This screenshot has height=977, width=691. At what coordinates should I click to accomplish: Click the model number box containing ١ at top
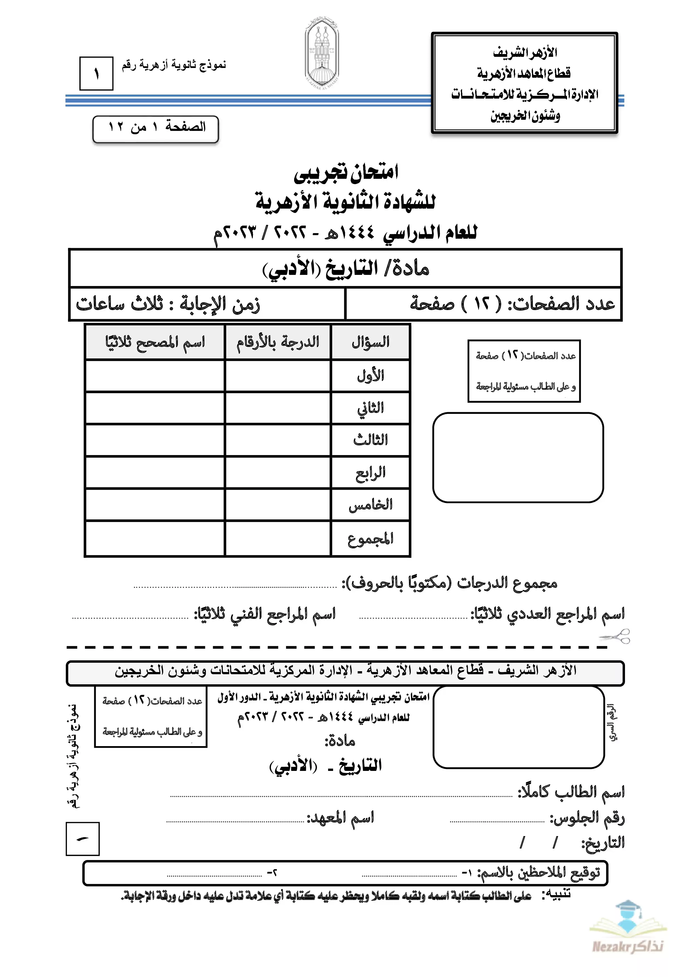click(96, 74)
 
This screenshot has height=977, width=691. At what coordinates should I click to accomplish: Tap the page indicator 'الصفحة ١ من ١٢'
click(156, 127)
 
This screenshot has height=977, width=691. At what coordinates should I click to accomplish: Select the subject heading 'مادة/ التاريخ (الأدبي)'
click(345, 268)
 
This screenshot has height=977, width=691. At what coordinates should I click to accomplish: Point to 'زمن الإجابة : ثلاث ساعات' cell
click(168, 304)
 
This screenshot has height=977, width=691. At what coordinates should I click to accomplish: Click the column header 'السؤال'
click(370, 342)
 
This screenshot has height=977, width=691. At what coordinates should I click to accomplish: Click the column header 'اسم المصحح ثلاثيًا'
click(155, 342)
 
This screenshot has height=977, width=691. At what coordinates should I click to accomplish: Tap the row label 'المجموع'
click(370, 539)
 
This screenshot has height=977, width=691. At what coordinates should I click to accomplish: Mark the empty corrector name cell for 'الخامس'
click(155, 505)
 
